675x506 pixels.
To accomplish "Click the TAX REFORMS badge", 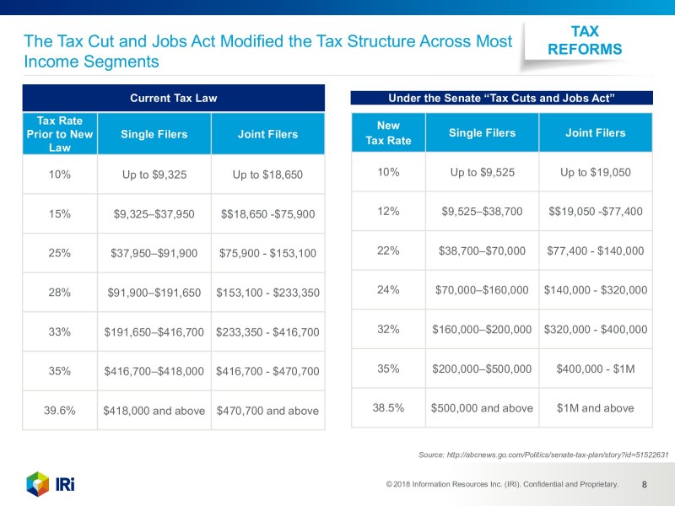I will tap(585, 40).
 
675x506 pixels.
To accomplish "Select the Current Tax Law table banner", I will tap(173, 98).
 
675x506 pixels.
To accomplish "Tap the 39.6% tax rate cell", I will tap(60, 411).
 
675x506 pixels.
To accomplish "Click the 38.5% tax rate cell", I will tap(388, 408).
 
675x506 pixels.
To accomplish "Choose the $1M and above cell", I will tap(595, 408).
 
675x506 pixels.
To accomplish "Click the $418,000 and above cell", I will tap(154, 411).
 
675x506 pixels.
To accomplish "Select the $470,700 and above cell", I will tap(267, 411).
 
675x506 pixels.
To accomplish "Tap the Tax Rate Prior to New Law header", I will tap(60, 134).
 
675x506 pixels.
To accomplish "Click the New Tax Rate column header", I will tap(388, 132).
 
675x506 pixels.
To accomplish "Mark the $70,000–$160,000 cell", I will tap(482, 290).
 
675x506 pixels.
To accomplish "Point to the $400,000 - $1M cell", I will tap(595, 369).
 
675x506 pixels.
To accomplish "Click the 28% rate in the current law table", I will tap(60, 293).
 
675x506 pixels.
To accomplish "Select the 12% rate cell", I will tap(388, 211).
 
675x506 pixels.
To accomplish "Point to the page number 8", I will tap(645, 484).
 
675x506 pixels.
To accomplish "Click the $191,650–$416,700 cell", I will tap(154, 332).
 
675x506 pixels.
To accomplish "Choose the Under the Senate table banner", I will tap(501, 98).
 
